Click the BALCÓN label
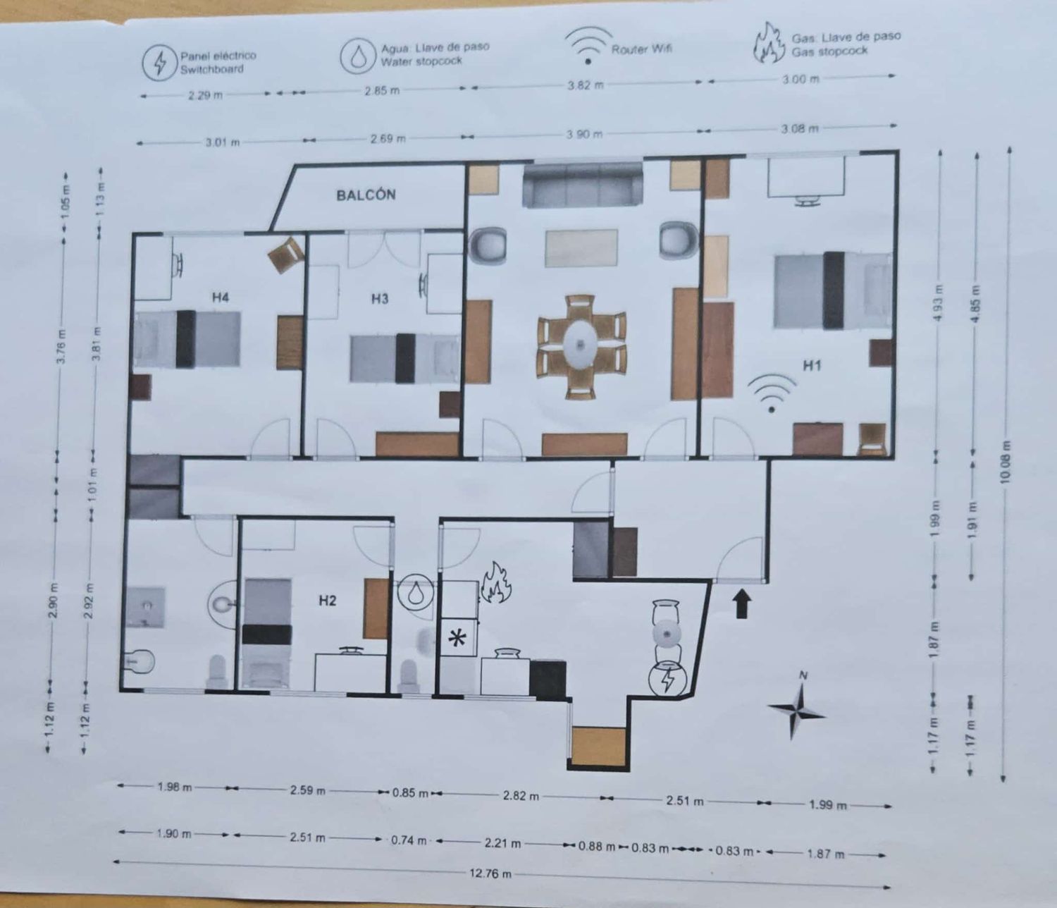(x=366, y=195)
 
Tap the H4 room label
(x=221, y=297)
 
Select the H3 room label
(x=379, y=299)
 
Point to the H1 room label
(x=812, y=365)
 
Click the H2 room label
(x=327, y=600)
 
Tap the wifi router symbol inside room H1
(x=772, y=393)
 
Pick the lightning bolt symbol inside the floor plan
(x=667, y=679)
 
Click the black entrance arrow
(x=742, y=603)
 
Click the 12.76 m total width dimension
(x=490, y=873)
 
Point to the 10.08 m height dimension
(x=1005, y=468)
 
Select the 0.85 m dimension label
(x=410, y=793)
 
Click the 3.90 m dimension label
(x=584, y=135)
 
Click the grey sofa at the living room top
(x=583, y=185)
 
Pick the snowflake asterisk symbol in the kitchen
(x=457, y=638)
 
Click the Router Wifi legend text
(x=642, y=49)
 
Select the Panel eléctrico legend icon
(x=159, y=63)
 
